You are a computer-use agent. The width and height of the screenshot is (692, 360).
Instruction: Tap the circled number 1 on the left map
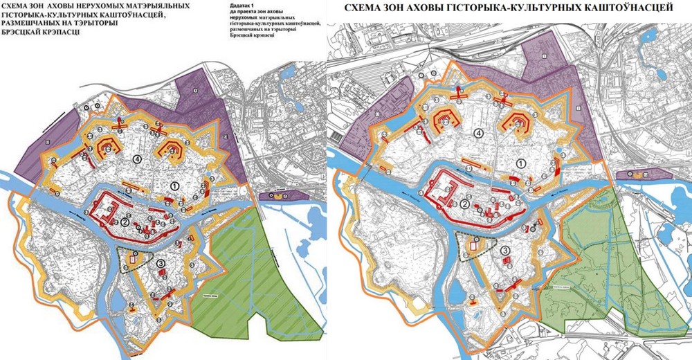point(175,186)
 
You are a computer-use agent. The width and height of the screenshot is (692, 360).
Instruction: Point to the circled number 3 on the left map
point(161,263)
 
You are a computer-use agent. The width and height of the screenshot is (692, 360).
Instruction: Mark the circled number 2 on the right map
point(465,204)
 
